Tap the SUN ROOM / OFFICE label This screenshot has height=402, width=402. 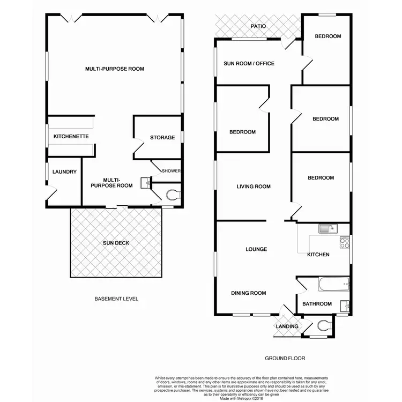249,64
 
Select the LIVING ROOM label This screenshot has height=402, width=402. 254,187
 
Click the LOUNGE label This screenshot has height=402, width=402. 256,249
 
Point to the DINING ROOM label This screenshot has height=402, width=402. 248,293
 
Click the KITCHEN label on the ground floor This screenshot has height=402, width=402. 318,255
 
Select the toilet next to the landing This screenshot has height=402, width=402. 323,325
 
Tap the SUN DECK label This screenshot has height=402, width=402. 116,243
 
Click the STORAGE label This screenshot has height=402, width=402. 162,138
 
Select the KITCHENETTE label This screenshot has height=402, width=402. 71,137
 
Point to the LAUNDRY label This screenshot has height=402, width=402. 64,172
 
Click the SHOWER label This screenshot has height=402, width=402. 172,171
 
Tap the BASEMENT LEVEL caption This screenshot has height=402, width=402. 116,299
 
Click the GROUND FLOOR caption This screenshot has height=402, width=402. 285,358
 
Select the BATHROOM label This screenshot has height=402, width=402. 317,304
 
